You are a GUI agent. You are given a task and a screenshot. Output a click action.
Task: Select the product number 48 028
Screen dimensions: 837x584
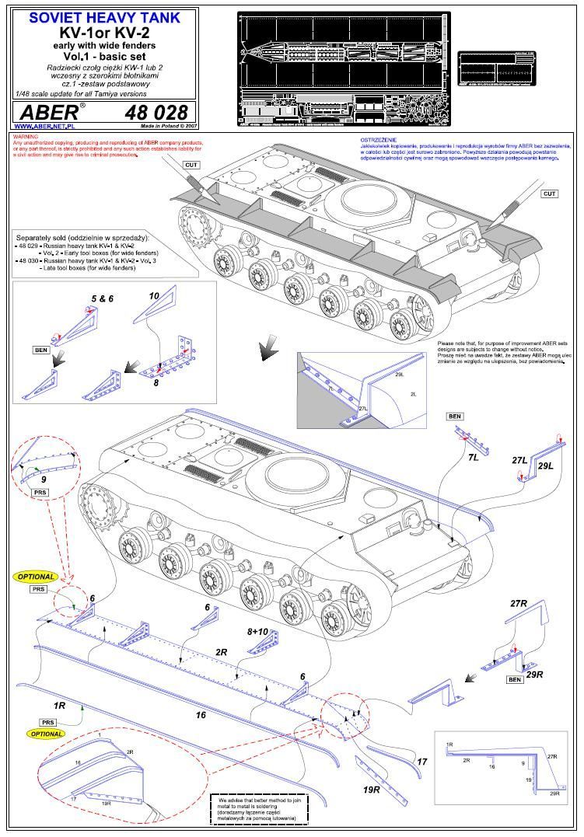(156, 111)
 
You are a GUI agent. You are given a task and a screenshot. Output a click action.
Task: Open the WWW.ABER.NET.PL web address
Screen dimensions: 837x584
(44, 126)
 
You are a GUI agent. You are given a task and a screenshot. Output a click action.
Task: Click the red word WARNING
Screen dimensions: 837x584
(25, 137)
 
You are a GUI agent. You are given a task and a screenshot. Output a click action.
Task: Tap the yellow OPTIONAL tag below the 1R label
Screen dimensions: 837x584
(44, 734)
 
